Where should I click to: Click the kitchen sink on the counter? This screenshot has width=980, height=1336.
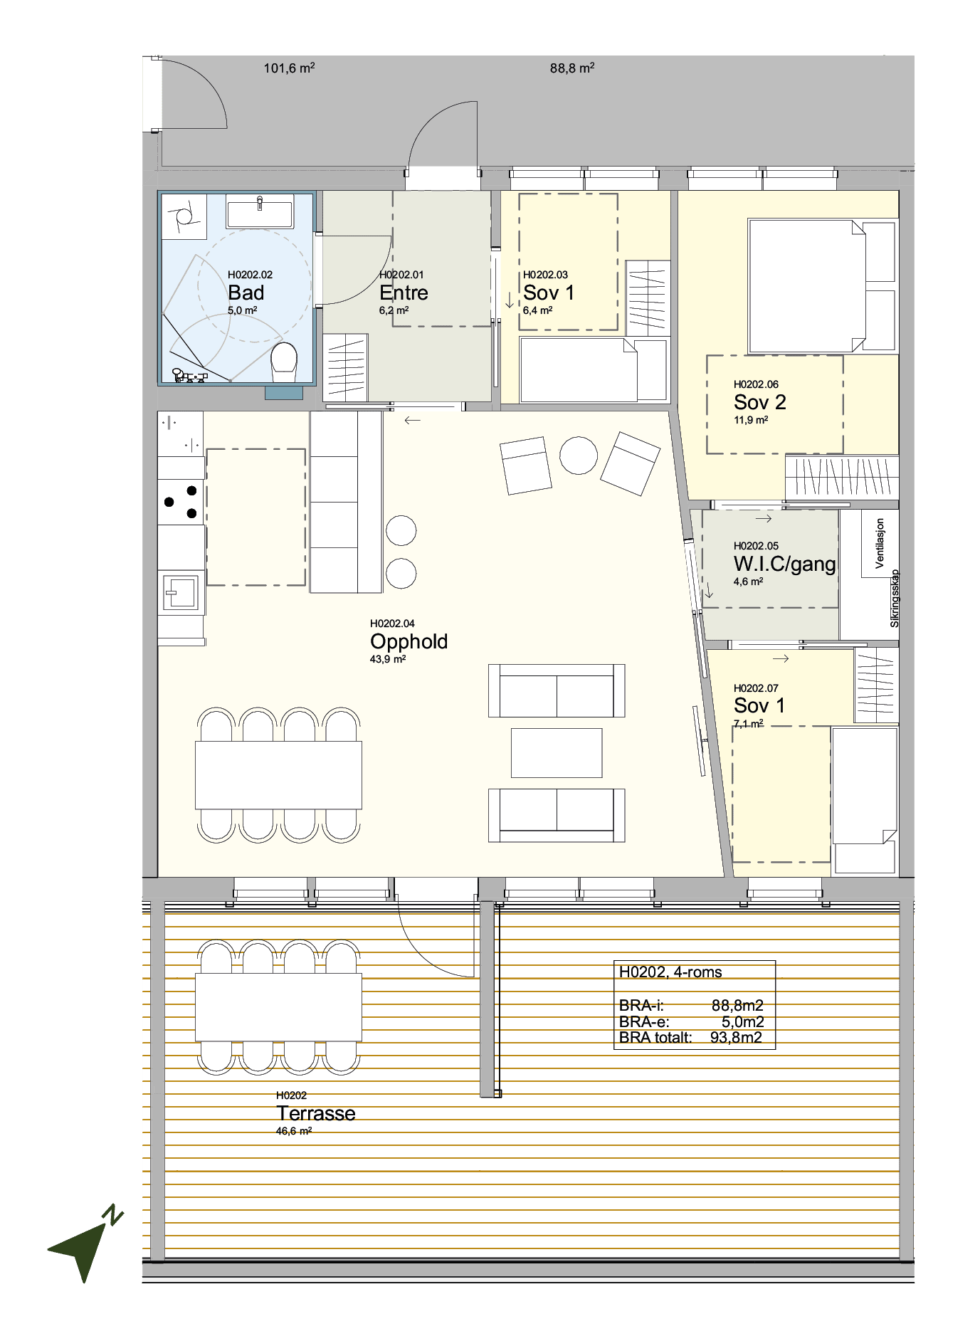pyautogui.click(x=181, y=592)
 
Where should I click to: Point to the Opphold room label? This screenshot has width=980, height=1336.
pyautogui.click(x=409, y=641)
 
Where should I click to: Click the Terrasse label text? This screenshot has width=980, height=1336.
pyautogui.click(x=316, y=1113)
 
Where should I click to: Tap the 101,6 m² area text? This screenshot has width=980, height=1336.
pyautogui.click(x=289, y=68)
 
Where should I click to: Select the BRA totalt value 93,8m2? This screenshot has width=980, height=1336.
pyautogui.click(x=736, y=1038)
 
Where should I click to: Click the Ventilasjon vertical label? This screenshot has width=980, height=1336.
pyautogui.click(x=880, y=543)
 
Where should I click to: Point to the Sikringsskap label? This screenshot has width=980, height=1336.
pyautogui.click(x=895, y=599)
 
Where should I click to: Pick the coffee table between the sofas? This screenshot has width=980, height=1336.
pyautogui.click(x=557, y=753)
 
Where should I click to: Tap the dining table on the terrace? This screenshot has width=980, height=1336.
pyautogui.click(x=278, y=1007)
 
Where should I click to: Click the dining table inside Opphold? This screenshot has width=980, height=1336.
pyautogui.click(x=278, y=775)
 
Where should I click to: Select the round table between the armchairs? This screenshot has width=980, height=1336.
pyautogui.click(x=579, y=455)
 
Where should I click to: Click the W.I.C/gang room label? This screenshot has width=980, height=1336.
pyautogui.click(x=785, y=564)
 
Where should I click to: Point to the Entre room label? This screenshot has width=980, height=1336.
pyautogui.click(x=404, y=293)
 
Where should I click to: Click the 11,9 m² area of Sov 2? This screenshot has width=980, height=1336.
pyautogui.click(x=751, y=420)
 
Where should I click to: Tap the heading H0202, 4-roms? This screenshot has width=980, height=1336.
pyautogui.click(x=670, y=972)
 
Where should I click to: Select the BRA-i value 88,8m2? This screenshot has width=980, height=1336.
pyautogui.click(x=737, y=1006)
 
